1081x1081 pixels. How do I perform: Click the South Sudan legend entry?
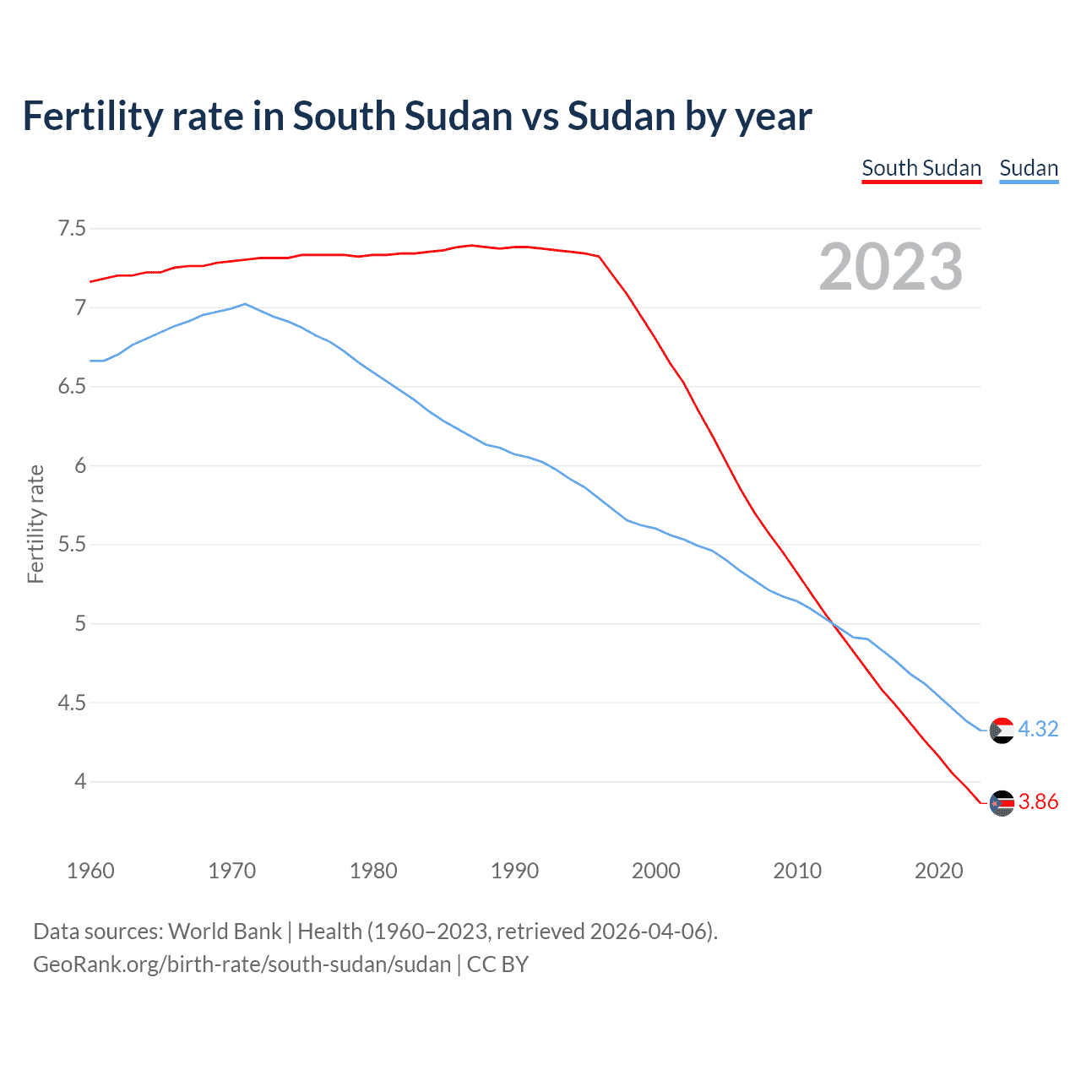click(921, 168)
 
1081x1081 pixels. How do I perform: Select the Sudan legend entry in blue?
click(1029, 168)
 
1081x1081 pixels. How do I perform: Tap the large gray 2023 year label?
click(891, 267)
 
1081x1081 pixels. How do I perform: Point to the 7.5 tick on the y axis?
click(72, 229)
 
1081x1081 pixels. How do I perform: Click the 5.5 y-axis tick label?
click(72, 545)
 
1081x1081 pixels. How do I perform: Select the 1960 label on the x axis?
click(90, 871)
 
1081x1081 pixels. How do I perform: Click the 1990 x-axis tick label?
click(514, 871)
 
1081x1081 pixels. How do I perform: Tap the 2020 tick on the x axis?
click(938, 871)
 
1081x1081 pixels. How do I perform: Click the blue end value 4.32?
click(1038, 729)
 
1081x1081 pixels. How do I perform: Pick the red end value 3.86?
click(1038, 802)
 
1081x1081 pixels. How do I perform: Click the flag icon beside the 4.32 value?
click(1002, 731)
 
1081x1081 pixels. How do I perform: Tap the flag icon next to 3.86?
click(1002, 803)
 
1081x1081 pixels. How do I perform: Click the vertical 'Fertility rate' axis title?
click(35, 524)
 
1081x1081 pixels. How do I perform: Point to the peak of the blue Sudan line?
click(245, 304)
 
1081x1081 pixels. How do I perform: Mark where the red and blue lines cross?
click(832, 623)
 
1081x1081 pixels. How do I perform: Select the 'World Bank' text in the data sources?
click(225, 932)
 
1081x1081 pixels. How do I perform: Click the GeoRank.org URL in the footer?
click(242, 964)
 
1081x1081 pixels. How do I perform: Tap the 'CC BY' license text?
click(497, 964)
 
